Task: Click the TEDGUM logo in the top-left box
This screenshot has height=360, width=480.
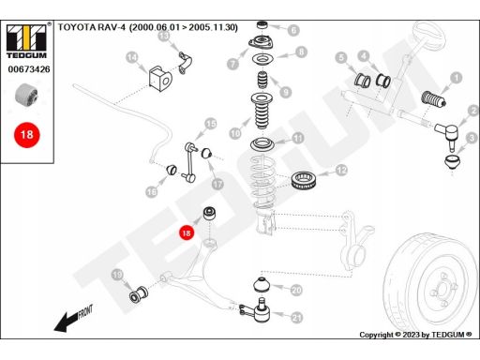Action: pos(27,41)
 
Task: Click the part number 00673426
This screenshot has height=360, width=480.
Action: pos(29,69)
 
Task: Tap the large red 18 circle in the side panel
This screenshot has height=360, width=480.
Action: pos(27,135)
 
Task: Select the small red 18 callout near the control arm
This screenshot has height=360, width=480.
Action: pos(187,233)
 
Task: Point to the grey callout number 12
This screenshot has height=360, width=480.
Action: pos(341,171)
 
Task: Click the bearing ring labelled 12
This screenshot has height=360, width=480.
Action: pos(305,181)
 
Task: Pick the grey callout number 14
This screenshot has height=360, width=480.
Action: pos(132,57)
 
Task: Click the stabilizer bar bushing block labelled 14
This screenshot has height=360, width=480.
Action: pos(160,79)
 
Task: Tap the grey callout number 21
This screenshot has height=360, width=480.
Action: pos(296,318)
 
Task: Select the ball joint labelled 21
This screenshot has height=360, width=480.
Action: pos(258,311)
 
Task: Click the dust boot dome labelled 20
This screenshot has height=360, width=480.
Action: pos(262,285)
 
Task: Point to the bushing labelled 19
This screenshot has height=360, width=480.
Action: pos(139,294)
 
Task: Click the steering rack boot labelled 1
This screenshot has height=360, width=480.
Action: pos(433,99)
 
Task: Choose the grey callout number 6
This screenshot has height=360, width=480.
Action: pos(293,30)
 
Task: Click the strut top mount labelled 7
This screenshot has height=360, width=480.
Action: pos(262,43)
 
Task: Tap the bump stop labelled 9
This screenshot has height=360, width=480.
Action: pos(262,81)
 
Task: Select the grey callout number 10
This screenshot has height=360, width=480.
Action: pos(235,133)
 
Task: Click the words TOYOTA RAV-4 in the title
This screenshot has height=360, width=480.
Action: pos(92,27)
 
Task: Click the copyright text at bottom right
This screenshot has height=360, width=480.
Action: pos(415,335)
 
